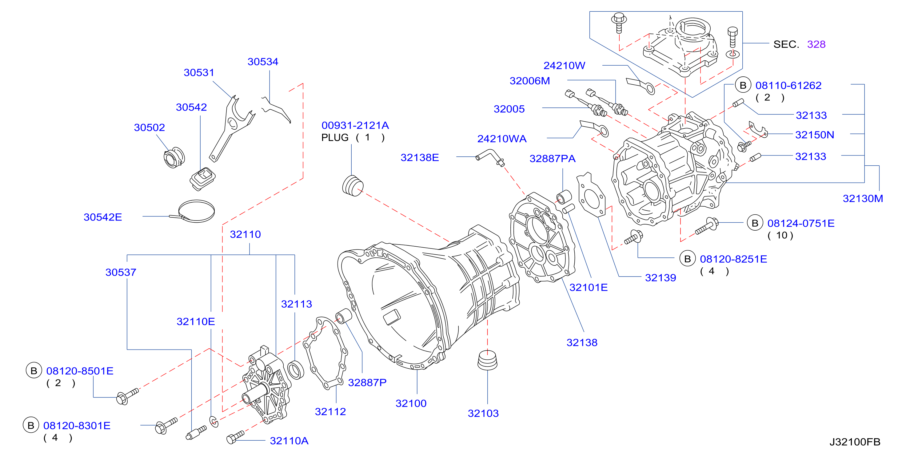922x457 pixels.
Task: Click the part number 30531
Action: pyautogui.click(x=199, y=72)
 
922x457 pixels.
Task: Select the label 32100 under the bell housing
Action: pyautogui.click(x=411, y=403)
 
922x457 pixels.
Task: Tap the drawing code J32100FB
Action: pyautogui.click(x=855, y=442)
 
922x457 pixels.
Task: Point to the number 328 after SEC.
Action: pyautogui.click(x=816, y=44)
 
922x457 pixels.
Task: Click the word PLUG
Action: pyautogui.click(x=335, y=138)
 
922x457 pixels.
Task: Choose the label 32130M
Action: pyautogui.click(x=863, y=198)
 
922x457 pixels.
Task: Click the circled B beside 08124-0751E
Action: pyautogui.click(x=755, y=223)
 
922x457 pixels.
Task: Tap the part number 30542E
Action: pyautogui.click(x=103, y=217)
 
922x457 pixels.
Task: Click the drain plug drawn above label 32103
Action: pyautogui.click(x=488, y=360)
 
